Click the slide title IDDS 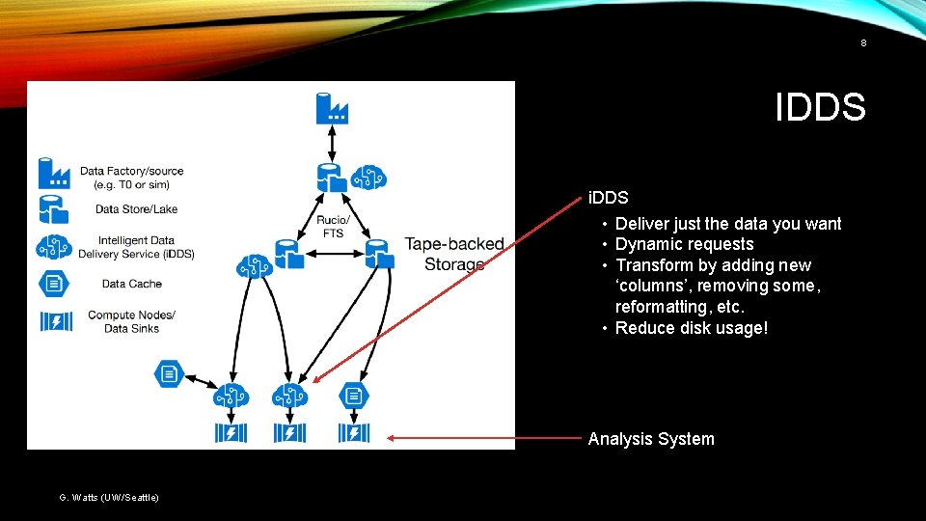coord(820,107)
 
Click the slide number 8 coord(863,42)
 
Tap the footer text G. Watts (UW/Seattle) coord(109,497)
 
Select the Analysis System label coord(651,439)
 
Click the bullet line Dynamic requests coord(684,244)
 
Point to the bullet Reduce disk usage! coord(692,328)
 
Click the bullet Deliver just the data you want coord(728,224)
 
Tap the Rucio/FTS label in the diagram coord(332,227)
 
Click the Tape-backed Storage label coord(453,254)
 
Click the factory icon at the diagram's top coord(332,106)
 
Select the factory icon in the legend coord(54,173)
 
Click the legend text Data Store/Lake coord(136,209)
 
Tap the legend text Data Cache coord(131,284)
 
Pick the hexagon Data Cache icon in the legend coord(54,284)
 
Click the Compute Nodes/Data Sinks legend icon coord(55,321)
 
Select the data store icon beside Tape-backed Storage coord(376,253)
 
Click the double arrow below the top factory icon coord(332,143)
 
